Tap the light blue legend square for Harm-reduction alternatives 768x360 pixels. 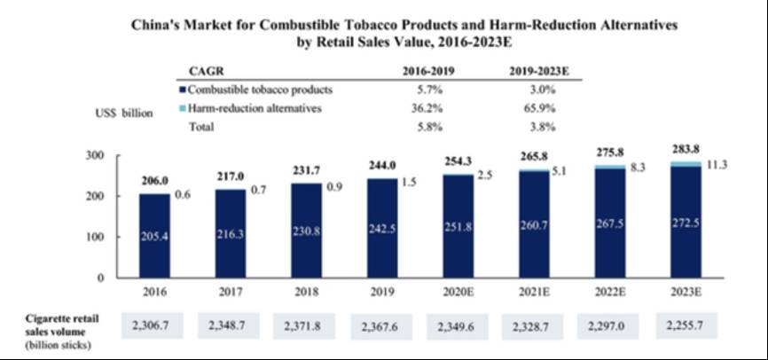[182, 108]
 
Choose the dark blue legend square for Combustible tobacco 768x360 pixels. [182, 90]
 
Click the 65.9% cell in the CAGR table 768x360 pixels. [545, 108]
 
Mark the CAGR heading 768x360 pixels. [204, 71]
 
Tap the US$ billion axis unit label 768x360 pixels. [125, 113]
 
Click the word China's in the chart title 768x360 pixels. [157, 27]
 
